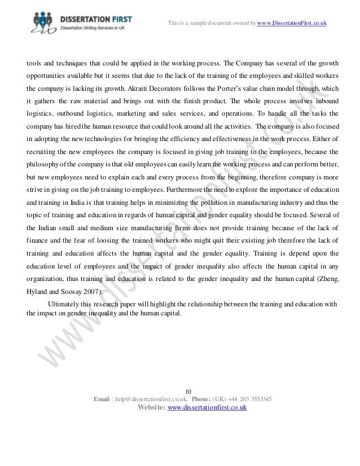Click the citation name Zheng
click(x=326, y=279)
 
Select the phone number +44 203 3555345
click(x=249, y=399)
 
